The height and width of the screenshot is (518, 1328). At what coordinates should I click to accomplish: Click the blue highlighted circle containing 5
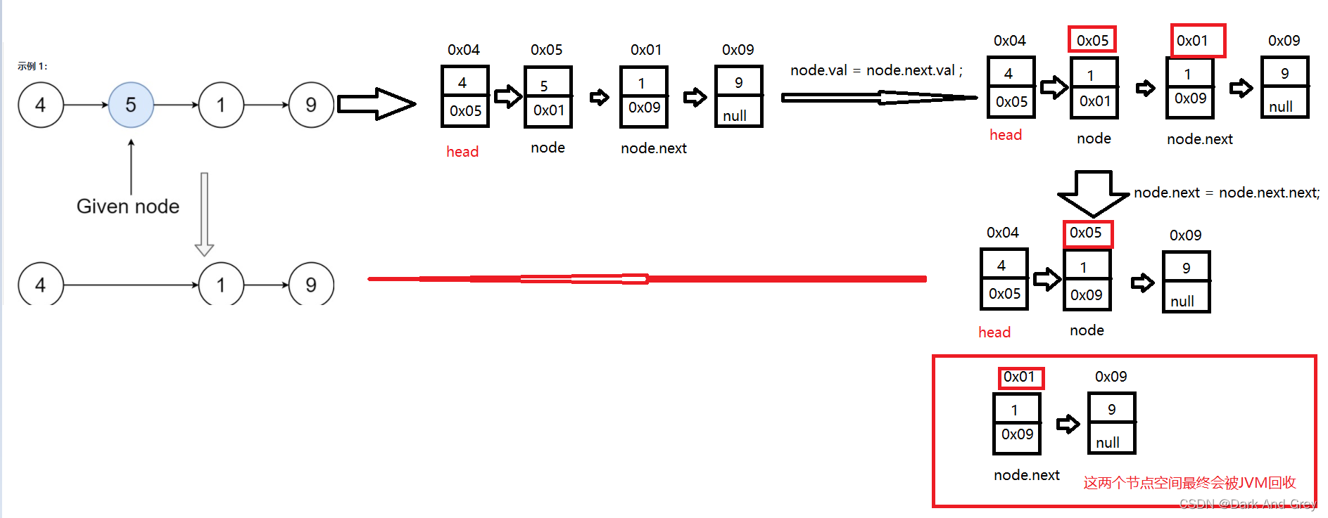131,105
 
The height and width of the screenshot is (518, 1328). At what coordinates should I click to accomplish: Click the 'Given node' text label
127,206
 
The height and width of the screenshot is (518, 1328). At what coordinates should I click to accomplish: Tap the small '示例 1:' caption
32,66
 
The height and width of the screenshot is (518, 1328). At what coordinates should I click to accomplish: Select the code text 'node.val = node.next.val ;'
875,70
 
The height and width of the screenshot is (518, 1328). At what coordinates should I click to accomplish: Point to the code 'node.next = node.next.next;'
1226,193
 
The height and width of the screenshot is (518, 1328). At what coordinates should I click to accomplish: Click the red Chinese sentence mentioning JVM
1189,483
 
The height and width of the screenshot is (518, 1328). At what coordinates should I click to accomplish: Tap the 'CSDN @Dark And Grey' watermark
1247,504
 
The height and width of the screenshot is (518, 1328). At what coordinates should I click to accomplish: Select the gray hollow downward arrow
204,214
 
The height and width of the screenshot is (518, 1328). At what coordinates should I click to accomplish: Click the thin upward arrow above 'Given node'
131,166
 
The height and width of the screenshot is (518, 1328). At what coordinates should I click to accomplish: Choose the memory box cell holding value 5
548,84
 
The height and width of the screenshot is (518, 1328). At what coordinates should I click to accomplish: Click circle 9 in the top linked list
311,105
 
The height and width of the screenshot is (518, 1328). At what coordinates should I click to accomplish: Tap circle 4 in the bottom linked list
41,284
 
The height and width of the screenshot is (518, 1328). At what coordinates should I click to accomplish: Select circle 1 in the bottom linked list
221,284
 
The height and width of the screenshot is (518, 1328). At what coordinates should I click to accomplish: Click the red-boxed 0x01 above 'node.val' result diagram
1197,41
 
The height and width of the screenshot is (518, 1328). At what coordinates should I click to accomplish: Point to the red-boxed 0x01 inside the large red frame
1020,377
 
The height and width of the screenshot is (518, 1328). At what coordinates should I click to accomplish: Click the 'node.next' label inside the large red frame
1026,475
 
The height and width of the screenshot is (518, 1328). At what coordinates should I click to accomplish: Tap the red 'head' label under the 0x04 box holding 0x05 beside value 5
462,152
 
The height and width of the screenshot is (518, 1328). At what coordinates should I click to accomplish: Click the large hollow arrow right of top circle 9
377,104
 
